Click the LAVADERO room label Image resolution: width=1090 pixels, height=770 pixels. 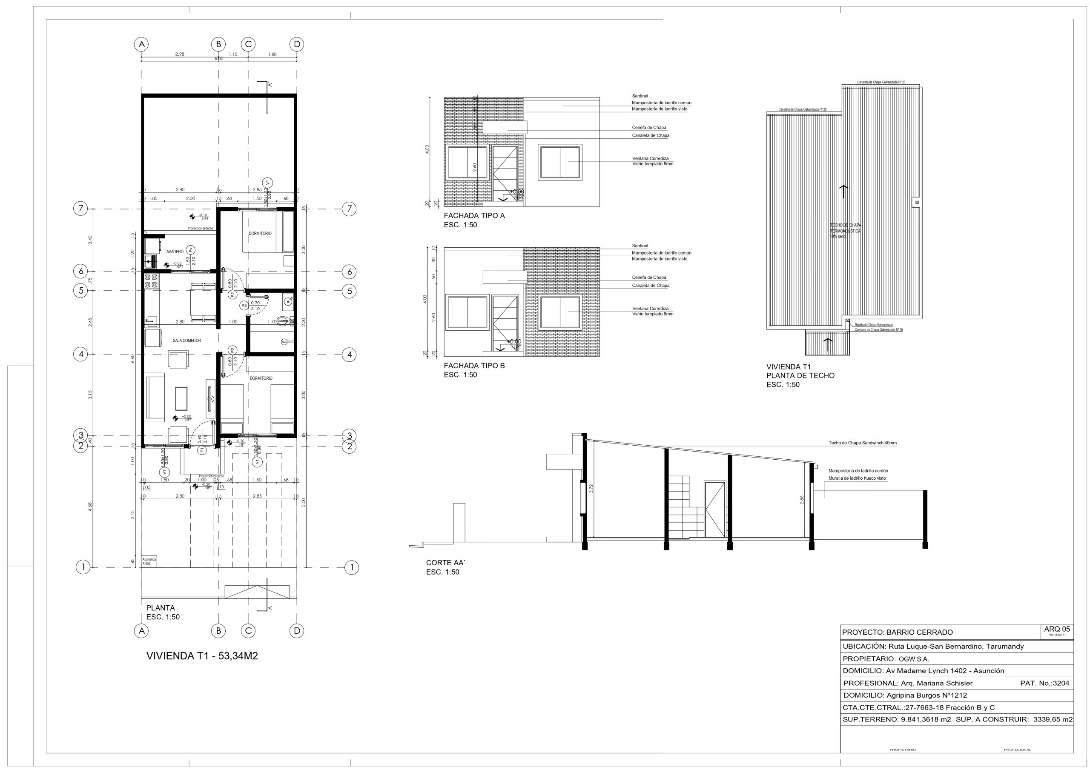click(x=174, y=252)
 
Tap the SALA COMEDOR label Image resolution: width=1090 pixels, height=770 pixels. click(x=186, y=341)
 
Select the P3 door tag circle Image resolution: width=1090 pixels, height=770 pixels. click(x=244, y=306)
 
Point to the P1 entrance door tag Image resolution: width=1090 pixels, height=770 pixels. click(x=202, y=449)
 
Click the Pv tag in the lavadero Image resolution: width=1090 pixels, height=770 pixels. click(x=190, y=250)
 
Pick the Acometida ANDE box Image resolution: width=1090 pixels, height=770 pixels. click(x=149, y=561)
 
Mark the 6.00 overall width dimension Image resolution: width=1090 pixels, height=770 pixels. click(x=218, y=59)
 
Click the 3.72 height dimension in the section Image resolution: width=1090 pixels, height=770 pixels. click(x=591, y=489)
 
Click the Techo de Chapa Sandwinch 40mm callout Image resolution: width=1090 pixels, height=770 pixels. click(x=863, y=443)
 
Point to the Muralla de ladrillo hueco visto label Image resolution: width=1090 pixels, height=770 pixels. click(x=857, y=478)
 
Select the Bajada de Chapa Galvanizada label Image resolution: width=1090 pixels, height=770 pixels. click(x=874, y=325)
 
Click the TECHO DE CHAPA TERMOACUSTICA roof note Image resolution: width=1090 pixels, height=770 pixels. click(x=845, y=231)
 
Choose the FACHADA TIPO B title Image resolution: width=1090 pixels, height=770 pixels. click(x=474, y=366)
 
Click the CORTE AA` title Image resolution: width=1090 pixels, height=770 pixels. click(x=445, y=563)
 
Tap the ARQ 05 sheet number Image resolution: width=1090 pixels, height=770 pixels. click(x=1057, y=629)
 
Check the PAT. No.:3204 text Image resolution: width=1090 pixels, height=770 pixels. click(x=1044, y=684)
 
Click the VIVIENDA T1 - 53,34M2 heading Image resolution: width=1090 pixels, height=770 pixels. click(x=202, y=656)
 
